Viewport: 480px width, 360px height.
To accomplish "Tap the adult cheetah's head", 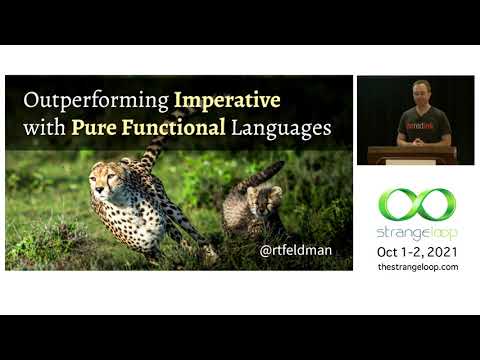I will pos(109,180).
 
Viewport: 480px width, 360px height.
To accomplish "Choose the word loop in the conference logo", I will pos(441,232).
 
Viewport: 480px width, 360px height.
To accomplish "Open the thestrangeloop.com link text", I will pos(417,267).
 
